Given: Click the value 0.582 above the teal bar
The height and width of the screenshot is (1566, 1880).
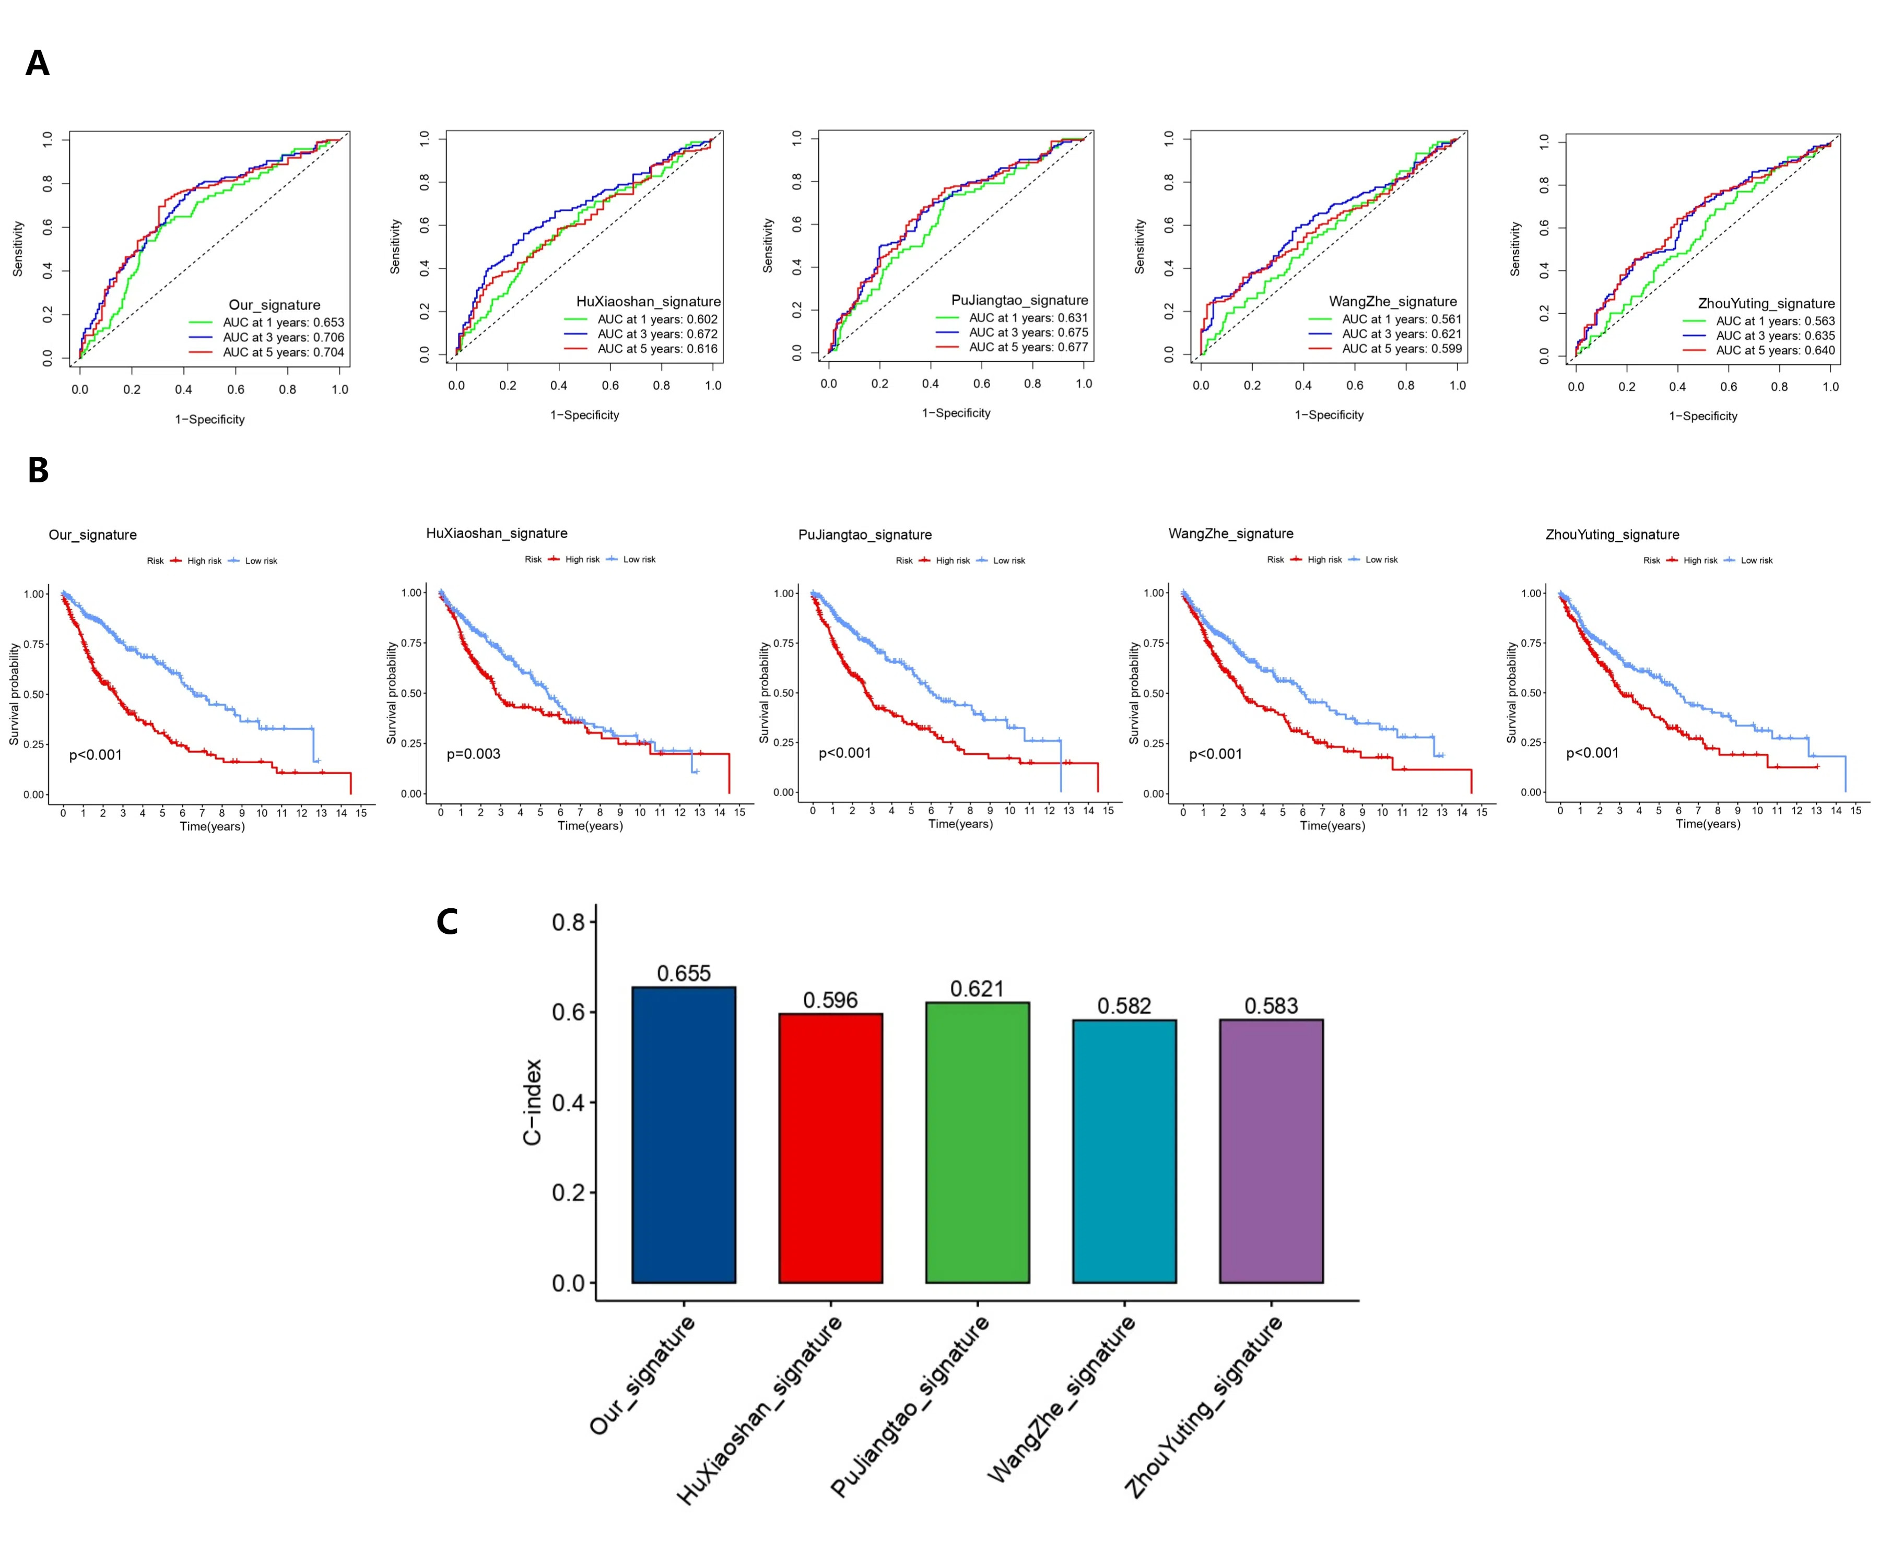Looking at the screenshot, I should [x=1123, y=1006].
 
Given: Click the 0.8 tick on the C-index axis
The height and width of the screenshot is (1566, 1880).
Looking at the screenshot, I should [x=569, y=922].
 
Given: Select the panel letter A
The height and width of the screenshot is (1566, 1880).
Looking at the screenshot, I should [x=38, y=64].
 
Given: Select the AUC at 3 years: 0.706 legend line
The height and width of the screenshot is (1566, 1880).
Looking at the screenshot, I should [x=283, y=337].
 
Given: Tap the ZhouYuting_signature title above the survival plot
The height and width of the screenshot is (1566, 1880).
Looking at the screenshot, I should [x=1612, y=534].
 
